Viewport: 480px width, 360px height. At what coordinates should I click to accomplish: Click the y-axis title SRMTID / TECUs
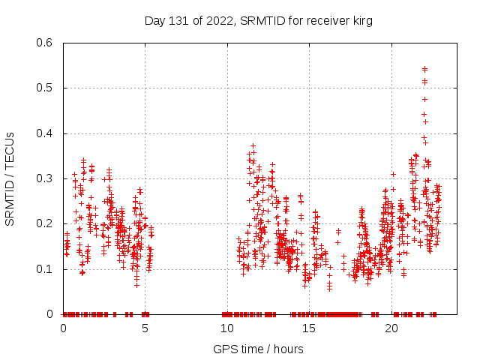coord(10,178)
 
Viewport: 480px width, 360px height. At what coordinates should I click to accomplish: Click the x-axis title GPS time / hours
coord(259,349)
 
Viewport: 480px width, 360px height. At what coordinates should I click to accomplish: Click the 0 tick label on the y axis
coord(51,314)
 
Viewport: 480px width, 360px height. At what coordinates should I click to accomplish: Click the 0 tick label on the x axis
coord(63,328)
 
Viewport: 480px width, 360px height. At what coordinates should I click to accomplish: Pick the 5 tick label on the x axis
coord(145,328)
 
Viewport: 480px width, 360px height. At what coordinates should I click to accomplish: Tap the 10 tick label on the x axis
coord(226,328)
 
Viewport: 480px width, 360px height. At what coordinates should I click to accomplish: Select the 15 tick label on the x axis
coord(309,328)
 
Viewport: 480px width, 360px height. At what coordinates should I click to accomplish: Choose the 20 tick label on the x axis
coord(391,328)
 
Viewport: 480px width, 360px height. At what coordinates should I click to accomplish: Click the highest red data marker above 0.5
coord(425,69)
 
